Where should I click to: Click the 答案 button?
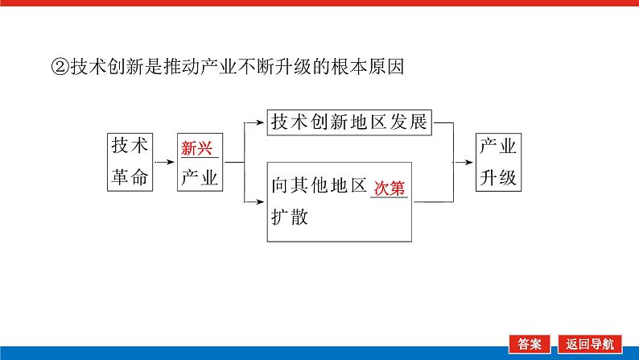529,343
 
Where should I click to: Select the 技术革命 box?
129,161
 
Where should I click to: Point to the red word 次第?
389,188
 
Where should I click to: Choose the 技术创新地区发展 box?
350,122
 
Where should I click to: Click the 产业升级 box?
498,161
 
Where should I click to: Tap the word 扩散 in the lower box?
290,218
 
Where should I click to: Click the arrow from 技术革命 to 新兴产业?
164,162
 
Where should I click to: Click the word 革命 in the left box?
129,177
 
